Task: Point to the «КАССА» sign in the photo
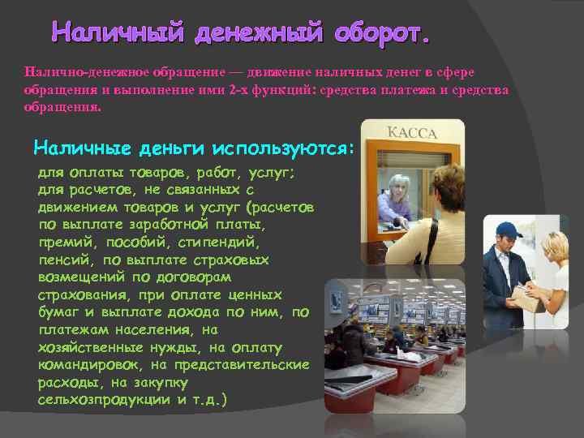[412, 133]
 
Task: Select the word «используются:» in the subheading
[283, 148]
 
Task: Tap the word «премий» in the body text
[64, 241]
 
